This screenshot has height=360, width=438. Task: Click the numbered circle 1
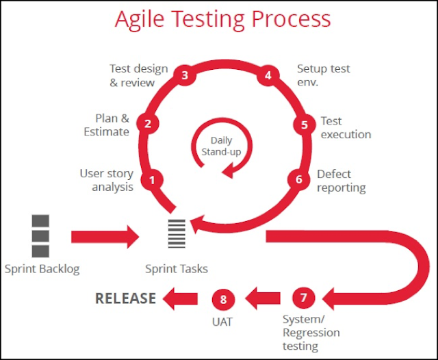coord(152,180)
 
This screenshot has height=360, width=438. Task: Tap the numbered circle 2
coord(148,123)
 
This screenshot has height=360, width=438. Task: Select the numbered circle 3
coord(185,75)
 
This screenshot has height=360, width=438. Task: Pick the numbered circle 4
coord(268,75)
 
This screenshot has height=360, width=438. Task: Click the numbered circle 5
coord(305,125)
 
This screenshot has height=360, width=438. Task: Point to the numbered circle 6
coord(298,179)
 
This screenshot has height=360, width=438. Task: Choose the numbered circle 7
coord(303,298)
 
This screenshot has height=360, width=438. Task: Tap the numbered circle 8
coord(223,299)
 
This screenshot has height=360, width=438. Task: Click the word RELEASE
coord(125,298)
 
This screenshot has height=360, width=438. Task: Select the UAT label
coord(222,322)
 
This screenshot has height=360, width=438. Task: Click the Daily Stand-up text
coord(221,146)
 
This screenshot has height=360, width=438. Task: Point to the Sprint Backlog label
coord(42,269)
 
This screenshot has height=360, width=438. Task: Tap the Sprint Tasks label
coord(177,269)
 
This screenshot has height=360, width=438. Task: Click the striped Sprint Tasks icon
coord(177,234)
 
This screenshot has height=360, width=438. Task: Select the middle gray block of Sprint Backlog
coord(40,236)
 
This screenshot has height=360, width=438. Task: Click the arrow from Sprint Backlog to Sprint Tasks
coord(105,237)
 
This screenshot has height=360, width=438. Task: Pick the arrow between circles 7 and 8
coord(263,298)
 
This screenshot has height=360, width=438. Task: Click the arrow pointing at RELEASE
coord(180,298)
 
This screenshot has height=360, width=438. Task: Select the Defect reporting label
coord(342,181)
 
